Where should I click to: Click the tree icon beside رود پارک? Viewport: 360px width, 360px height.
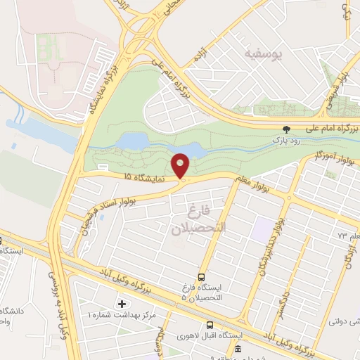pyautogui.click(x=285, y=129)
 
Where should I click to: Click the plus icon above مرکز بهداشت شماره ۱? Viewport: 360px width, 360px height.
pyautogui.click(x=123, y=304)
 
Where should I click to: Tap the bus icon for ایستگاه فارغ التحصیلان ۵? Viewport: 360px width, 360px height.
pyautogui.click(x=202, y=277)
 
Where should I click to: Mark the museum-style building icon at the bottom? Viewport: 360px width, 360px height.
pyautogui.click(x=238, y=349)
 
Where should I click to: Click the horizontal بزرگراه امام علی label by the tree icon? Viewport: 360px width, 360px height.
pyautogui.click(x=326, y=129)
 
